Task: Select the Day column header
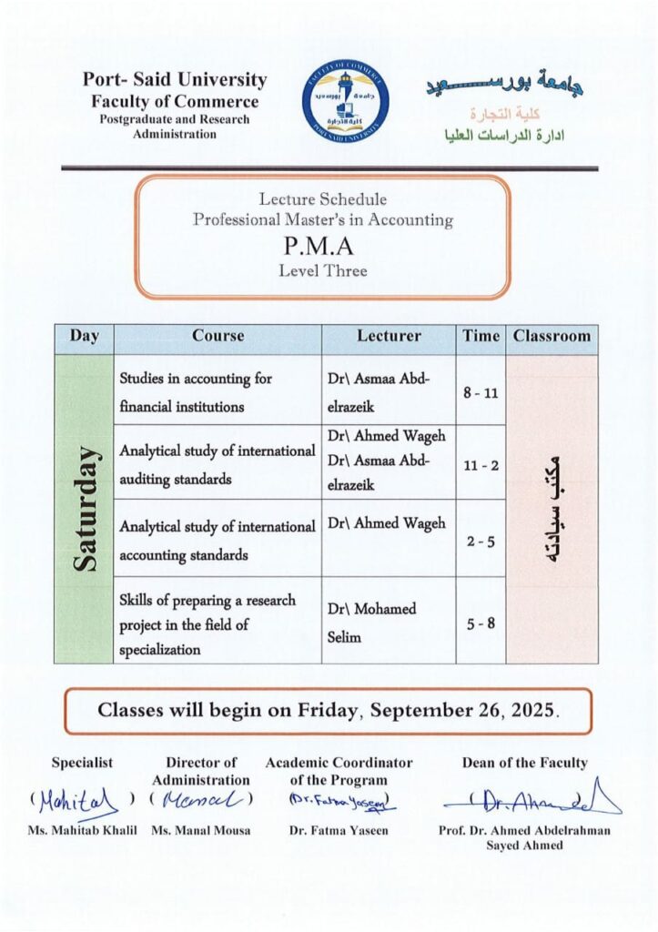pos(84,336)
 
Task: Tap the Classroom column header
pos(552,336)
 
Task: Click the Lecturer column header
pos(389,336)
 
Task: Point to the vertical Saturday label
pos(84,509)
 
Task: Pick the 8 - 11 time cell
pos(481,390)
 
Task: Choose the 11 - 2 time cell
pos(481,463)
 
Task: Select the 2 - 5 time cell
pos(481,539)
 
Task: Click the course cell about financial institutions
pos(218,390)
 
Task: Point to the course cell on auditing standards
pos(218,463)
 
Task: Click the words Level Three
pos(322,269)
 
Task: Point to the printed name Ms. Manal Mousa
pos(200,830)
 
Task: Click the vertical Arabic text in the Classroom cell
pos(552,509)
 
